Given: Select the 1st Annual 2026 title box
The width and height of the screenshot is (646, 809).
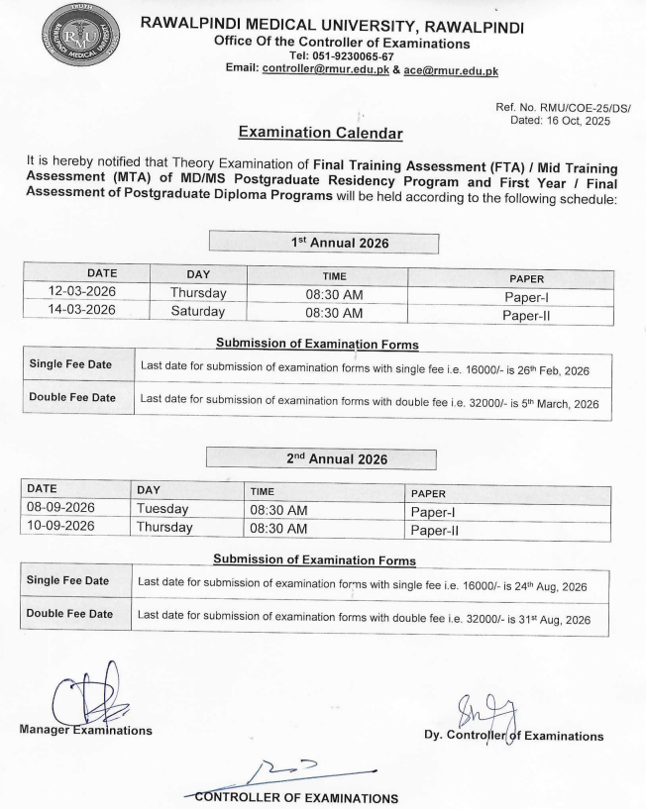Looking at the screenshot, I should click(x=324, y=241).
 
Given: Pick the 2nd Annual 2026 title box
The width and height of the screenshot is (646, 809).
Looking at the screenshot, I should click(x=321, y=458).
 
